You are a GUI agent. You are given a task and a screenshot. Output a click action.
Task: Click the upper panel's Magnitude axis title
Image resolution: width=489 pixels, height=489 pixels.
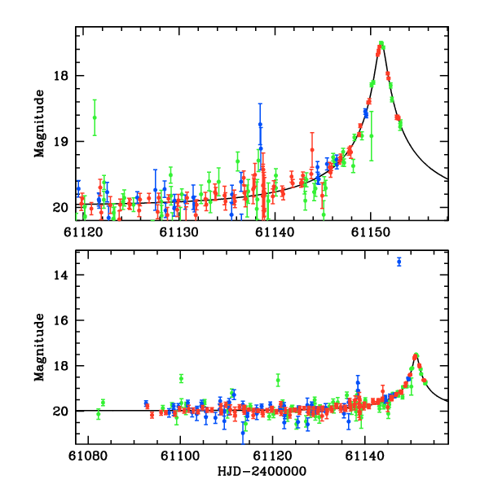tap(39, 124)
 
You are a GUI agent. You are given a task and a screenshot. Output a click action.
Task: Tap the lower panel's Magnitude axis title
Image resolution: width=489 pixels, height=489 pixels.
tap(39, 341)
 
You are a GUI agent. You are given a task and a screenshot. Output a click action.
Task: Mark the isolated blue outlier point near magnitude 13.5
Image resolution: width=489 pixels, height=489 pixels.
tap(399, 262)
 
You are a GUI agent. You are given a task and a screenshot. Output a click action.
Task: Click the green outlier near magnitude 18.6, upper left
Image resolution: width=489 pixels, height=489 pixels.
tap(95, 117)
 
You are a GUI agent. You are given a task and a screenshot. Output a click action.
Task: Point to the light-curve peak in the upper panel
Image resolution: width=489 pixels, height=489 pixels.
tap(381, 44)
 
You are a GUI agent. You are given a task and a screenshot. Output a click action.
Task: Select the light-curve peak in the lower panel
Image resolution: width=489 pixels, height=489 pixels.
tap(416, 355)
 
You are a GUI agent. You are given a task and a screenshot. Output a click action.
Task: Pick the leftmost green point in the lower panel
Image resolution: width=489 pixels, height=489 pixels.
tap(98, 414)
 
